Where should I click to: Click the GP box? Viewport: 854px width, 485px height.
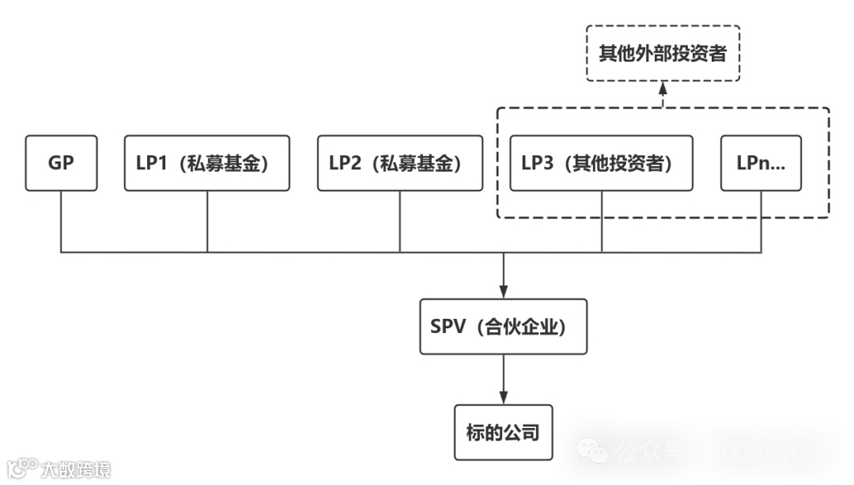pyautogui.click(x=62, y=163)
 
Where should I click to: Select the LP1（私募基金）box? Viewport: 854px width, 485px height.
pyautogui.click(x=207, y=163)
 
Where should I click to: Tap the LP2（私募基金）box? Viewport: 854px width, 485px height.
pyautogui.click(x=399, y=163)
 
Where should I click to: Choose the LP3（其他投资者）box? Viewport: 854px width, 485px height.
pyautogui.click(x=601, y=163)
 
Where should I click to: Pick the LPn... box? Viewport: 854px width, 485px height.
pyautogui.click(x=761, y=163)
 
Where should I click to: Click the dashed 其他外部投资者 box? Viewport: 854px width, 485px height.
pyautogui.click(x=663, y=53)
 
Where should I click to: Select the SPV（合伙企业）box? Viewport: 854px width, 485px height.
pyautogui.click(x=503, y=326)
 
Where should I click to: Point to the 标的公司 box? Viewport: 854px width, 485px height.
pyautogui.click(x=503, y=432)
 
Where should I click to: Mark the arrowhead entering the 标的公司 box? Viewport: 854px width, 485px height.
pyautogui.click(x=503, y=399)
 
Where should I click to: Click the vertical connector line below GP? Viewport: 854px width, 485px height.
pyautogui.click(x=62, y=222)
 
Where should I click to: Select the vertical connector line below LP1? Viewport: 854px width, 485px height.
pyautogui.click(x=207, y=222)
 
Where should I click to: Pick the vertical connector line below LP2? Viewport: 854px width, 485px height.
pyautogui.click(x=399, y=222)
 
